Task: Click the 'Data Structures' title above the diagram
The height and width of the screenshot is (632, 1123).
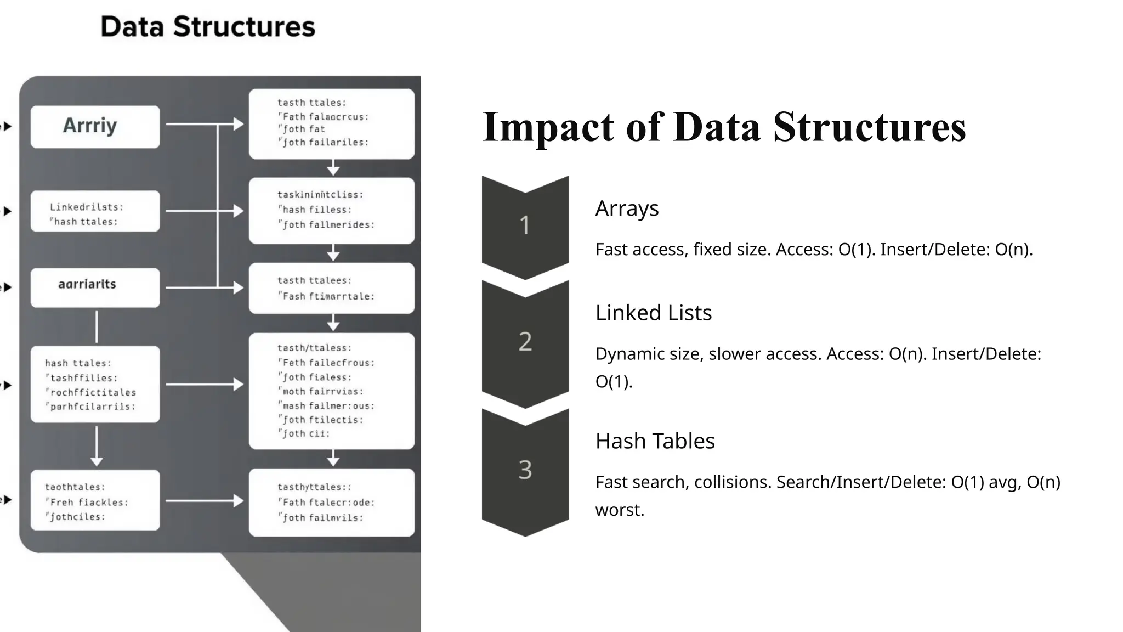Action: point(208,27)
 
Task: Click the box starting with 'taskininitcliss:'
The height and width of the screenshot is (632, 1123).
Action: point(331,210)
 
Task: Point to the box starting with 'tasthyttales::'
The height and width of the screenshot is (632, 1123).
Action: point(331,502)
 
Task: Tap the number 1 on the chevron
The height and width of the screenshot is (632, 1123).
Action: point(525,225)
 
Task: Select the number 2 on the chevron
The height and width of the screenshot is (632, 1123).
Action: point(525,342)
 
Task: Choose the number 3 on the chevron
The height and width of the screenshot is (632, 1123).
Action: point(525,470)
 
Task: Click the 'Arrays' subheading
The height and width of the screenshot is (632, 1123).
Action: point(627,208)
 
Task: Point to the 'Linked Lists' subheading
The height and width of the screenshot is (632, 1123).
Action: point(653,313)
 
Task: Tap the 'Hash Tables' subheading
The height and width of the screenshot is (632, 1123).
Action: point(655,441)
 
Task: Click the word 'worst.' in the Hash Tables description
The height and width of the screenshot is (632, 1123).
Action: point(620,510)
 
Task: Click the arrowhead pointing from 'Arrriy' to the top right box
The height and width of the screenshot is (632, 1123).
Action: point(239,124)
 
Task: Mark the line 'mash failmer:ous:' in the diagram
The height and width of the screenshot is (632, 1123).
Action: point(328,406)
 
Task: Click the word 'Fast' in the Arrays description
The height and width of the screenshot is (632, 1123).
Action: point(612,250)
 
